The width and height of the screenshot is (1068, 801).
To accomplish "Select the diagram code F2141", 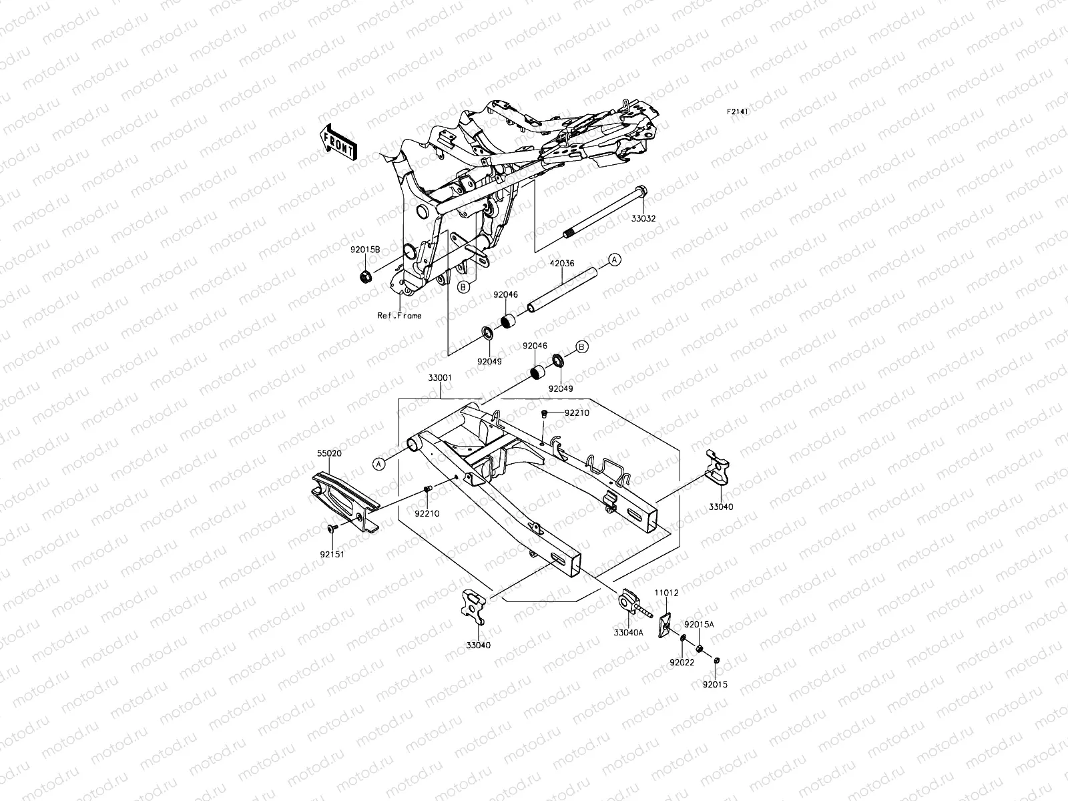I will tap(756, 112).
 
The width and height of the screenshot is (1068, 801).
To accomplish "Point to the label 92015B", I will tap(366, 249).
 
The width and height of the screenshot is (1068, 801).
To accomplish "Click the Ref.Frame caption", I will tap(399, 316).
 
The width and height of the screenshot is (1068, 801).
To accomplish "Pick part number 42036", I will tap(561, 263).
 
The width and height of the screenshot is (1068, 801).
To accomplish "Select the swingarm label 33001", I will tap(441, 377).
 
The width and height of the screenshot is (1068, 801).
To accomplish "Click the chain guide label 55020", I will tap(330, 452).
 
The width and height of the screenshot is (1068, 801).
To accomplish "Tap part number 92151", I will tap(331, 553).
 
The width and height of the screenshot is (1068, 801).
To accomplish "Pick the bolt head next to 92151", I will tap(331, 529).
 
